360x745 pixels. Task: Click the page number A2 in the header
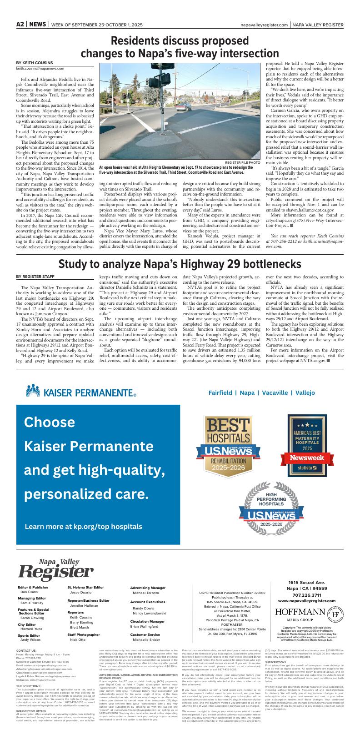tap(20, 25)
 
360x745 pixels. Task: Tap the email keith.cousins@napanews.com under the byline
tap(40, 69)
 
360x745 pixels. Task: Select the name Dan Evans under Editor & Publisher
tap(29, 592)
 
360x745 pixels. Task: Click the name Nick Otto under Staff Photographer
tap(77, 639)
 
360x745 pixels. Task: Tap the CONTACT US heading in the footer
tap(26, 651)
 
